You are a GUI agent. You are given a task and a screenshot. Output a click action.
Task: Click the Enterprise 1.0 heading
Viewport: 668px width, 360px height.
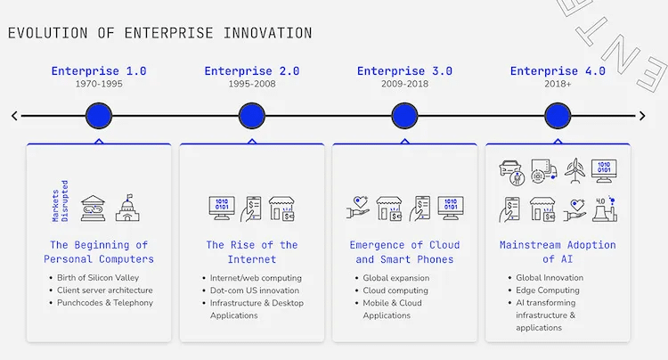(99, 70)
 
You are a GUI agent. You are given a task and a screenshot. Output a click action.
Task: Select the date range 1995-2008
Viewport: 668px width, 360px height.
(252, 84)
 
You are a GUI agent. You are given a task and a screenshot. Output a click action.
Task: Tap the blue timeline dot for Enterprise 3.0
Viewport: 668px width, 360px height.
(404, 116)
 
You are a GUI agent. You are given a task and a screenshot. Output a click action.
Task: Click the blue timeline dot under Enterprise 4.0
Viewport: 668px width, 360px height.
(558, 116)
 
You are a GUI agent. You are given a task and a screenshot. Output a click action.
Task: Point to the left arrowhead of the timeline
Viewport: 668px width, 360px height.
(14, 116)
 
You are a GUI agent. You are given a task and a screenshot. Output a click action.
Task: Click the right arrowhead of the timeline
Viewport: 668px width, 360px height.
(642, 116)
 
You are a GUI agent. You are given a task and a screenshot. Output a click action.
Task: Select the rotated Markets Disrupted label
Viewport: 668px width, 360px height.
(60, 200)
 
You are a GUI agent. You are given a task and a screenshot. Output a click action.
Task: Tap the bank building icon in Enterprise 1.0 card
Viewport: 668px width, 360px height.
(93, 209)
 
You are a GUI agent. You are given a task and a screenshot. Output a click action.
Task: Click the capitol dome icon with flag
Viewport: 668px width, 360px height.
(127, 208)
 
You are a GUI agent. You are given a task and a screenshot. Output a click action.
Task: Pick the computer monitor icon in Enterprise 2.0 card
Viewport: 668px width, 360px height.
(222, 208)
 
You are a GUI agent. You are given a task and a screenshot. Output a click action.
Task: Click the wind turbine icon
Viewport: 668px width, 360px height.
(574, 171)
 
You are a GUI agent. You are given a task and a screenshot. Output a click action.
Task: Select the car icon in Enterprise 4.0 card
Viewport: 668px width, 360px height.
(511, 172)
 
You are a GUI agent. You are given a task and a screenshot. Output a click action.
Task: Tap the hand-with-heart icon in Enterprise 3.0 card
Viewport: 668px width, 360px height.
(358, 208)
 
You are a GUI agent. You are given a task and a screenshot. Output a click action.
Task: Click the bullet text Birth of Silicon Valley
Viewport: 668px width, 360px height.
(98, 278)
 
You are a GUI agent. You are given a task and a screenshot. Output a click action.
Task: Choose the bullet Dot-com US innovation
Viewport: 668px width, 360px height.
(255, 290)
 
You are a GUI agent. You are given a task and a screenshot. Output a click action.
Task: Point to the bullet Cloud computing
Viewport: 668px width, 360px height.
(395, 290)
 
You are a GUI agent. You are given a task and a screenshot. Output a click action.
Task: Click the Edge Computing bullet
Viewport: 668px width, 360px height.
(548, 290)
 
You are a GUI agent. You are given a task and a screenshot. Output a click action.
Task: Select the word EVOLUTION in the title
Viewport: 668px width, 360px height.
(48, 33)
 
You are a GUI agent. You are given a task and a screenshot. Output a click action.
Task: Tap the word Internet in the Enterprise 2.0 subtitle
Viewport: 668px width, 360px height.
(252, 259)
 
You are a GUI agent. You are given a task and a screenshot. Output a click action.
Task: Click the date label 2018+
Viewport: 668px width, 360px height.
(558, 84)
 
